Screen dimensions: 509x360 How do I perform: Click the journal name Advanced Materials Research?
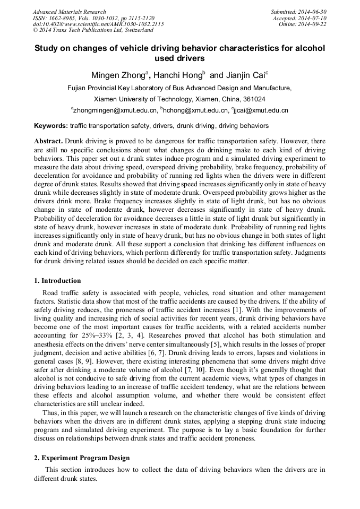point(69,12)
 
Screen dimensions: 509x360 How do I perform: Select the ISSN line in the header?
point(93,18)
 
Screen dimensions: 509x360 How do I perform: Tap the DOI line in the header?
point(98,24)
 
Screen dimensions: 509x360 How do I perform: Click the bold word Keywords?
point(51,126)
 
